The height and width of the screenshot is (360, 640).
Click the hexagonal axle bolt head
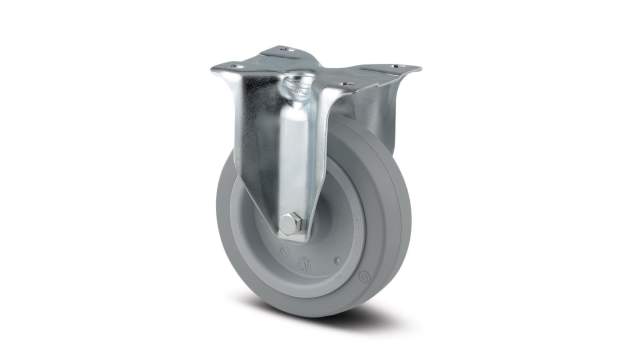coord(289,224)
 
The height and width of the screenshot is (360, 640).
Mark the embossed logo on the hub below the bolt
coord(300,261)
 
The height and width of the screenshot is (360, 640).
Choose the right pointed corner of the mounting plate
coord(419,69)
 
